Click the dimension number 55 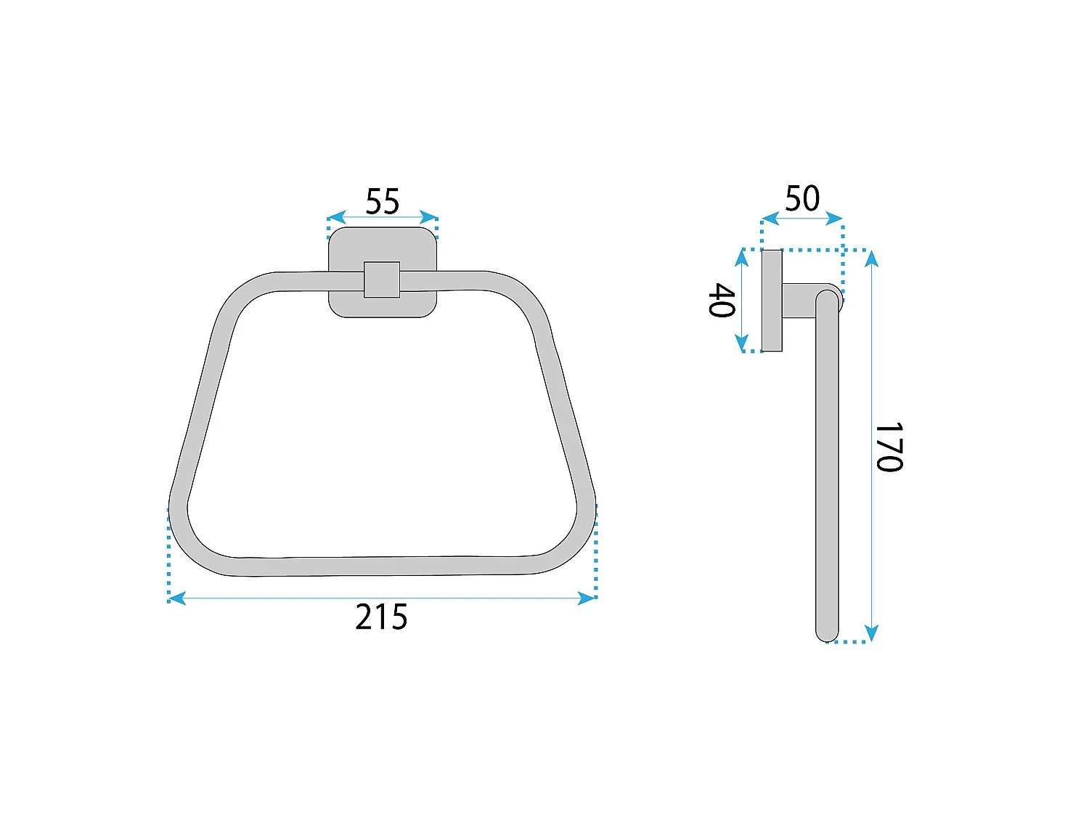pos(382,201)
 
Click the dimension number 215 pos(381,617)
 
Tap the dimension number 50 pos(802,198)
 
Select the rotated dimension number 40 pos(721,300)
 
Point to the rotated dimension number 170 pos(889,447)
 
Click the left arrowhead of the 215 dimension pos(177,598)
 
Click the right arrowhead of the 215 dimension pos(586,598)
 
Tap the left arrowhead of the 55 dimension pos(336,217)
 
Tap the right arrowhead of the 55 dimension pos(428,217)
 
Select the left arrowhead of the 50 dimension pos(770,219)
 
